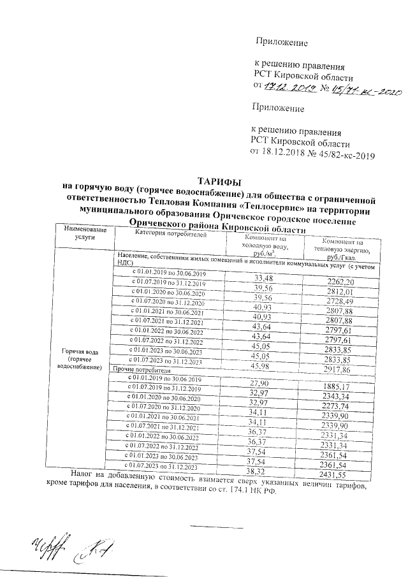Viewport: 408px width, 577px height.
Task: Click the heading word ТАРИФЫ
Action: click(x=219, y=180)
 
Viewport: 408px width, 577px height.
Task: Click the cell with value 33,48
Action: click(x=263, y=279)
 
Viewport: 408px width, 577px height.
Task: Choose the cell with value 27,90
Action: click(x=262, y=383)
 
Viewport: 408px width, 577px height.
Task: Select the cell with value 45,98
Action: click(x=262, y=365)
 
